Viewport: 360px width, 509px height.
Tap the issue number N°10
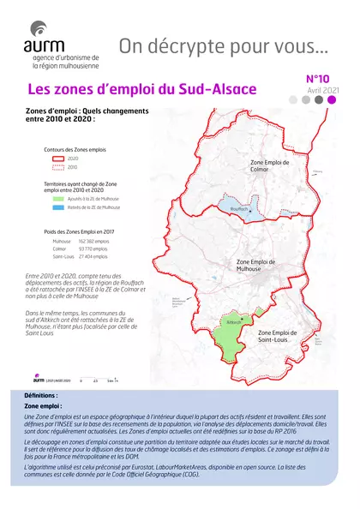(320, 79)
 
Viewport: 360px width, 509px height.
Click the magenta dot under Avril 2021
(332, 99)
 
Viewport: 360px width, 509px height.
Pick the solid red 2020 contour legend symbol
(54, 159)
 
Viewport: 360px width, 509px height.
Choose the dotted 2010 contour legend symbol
(54, 168)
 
